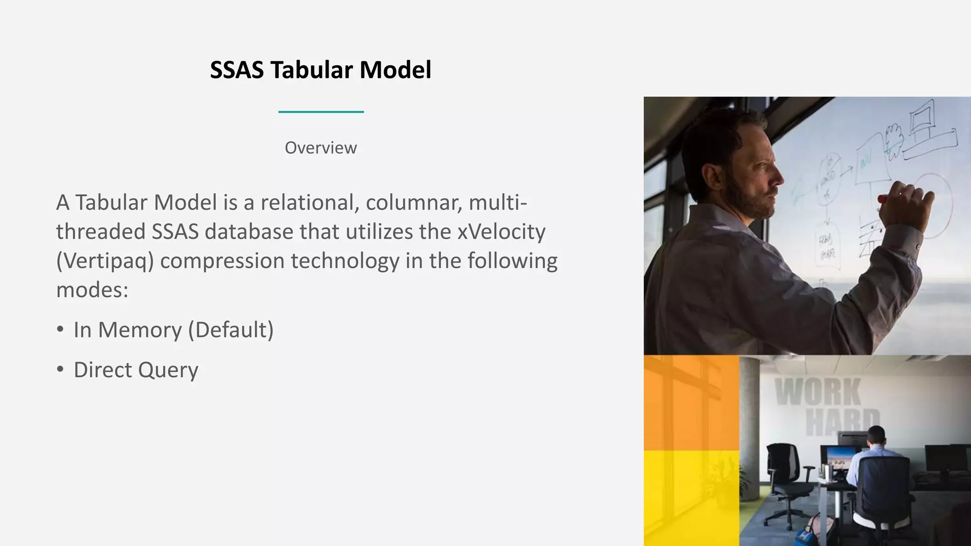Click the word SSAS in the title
click(x=237, y=70)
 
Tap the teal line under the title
click(x=321, y=112)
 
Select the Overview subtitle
click(x=321, y=148)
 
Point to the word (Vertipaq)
click(x=105, y=261)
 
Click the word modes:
click(x=92, y=290)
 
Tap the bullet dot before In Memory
click(x=60, y=329)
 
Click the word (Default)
click(x=231, y=330)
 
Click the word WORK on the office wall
click(x=818, y=392)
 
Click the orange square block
click(x=691, y=403)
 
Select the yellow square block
click(x=691, y=498)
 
